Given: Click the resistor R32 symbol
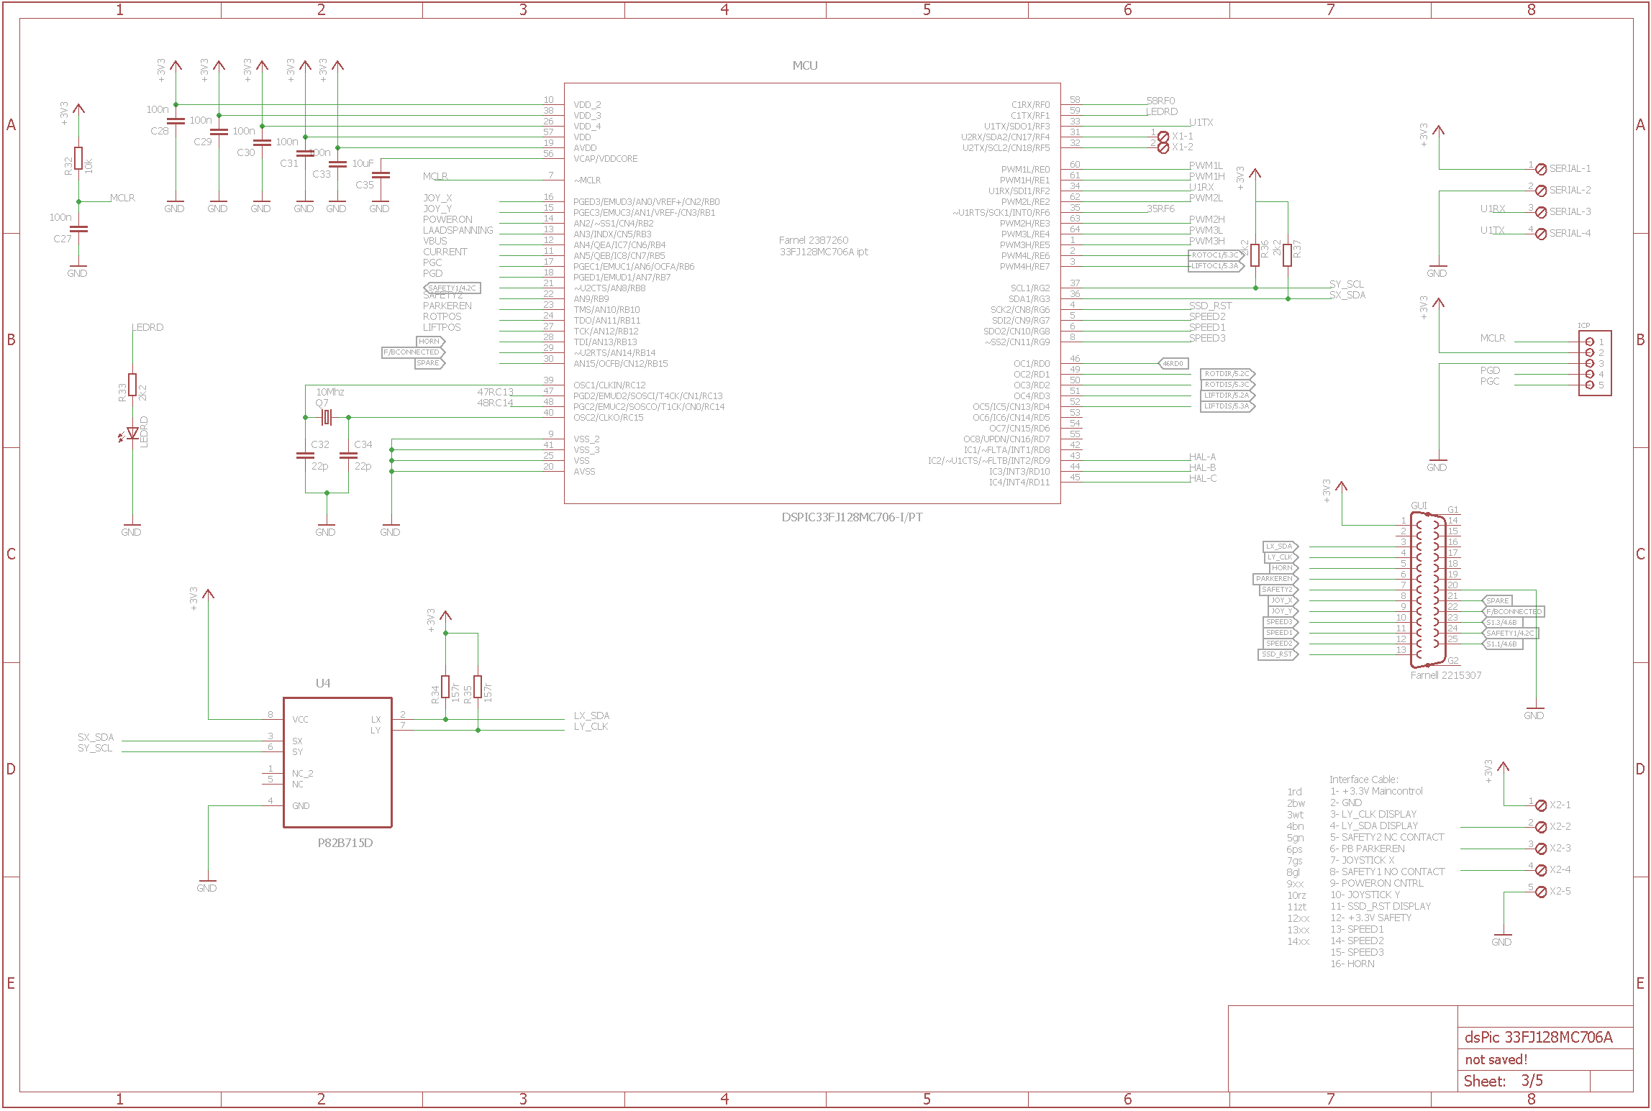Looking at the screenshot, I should click(x=78, y=158).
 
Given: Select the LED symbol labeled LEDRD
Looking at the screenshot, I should click(x=132, y=433).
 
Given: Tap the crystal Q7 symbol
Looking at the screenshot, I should click(x=326, y=417).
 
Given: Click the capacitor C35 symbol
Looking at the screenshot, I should click(x=381, y=175).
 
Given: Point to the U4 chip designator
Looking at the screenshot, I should click(x=323, y=683).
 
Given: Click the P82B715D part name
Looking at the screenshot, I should click(x=345, y=843).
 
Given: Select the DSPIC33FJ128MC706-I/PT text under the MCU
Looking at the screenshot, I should click(x=852, y=517).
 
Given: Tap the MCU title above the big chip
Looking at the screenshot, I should click(x=804, y=65).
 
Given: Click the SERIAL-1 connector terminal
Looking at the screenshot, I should click(x=1541, y=169).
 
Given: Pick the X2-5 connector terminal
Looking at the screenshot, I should click(x=1541, y=892).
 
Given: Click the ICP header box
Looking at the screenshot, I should click(x=1595, y=363).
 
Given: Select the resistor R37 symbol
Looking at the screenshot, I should click(x=1287, y=255).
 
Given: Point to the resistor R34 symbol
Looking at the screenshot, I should click(x=445, y=687).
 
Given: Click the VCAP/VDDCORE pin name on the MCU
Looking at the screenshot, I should click(x=605, y=159).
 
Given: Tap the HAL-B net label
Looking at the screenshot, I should click(x=1202, y=467).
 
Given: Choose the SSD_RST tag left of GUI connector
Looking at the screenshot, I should click(x=1277, y=654).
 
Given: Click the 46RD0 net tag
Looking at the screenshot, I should click(x=1173, y=364).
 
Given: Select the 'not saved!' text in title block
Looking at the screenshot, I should click(x=1496, y=1059).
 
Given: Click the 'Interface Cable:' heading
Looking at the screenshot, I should click(x=1363, y=779).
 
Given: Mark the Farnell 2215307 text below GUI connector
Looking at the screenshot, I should click(x=1445, y=675).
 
